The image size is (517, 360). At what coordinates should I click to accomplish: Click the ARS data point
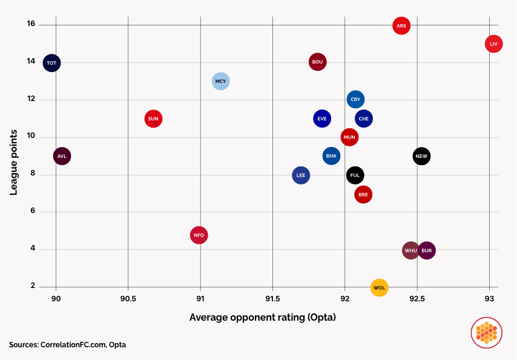point(401,25)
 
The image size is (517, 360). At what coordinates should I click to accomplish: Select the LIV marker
point(493,44)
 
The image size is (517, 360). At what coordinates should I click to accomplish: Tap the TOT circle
point(51,62)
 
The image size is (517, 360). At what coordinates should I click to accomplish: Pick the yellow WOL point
point(379,287)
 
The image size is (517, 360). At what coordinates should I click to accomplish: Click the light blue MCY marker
point(221,81)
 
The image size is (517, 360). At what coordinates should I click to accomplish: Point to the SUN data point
point(153,119)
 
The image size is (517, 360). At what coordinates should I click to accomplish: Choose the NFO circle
point(199,235)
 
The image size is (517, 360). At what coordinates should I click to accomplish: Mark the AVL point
point(62,156)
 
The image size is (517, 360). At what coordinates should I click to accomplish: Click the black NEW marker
point(421,156)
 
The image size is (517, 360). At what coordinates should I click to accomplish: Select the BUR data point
point(426,250)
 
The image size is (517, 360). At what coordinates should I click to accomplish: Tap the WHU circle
point(411,250)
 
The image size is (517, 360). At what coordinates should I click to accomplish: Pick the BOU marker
point(317,62)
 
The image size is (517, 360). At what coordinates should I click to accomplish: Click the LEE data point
point(301,175)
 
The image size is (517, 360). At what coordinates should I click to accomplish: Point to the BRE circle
point(363,194)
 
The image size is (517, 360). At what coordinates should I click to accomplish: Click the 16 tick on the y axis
point(31,24)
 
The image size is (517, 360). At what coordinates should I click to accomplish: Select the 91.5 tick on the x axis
point(272,298)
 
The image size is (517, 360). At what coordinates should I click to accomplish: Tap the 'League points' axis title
point(13,156)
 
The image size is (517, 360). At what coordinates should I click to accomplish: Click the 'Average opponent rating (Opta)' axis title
point(262,317)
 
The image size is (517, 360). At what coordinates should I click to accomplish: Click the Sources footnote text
point(68,344)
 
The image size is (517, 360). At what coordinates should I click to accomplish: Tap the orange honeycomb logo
point(486,332)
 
